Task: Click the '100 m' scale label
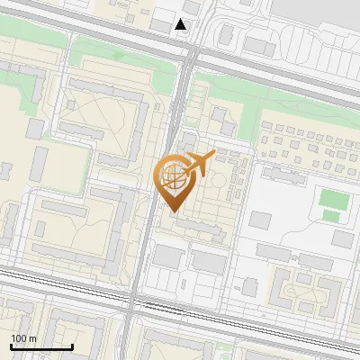(x=23, y=338)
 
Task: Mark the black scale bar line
(x=41, y=346)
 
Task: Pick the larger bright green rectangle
(x=332, y=197)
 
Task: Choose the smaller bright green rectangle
(x=331, y=216)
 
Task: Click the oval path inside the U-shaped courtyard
(x=295, y=290)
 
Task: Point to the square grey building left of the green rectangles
(x=260, y=220)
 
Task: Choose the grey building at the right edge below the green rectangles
(x=342, y=238)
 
